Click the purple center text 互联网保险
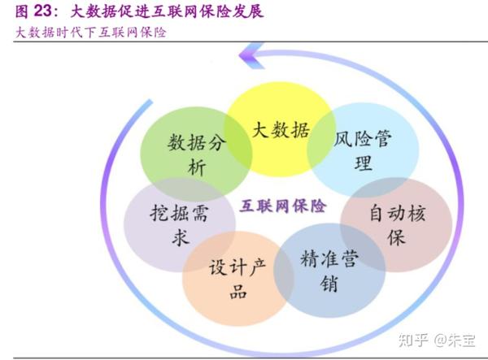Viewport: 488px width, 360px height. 283,206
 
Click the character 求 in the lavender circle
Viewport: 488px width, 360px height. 159,239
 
